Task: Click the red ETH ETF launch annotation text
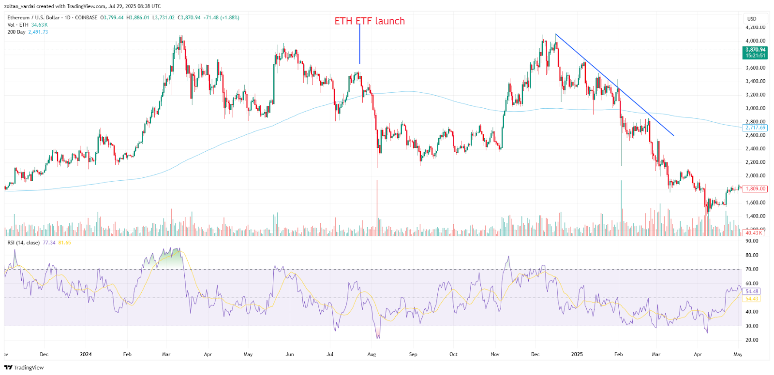(x=370, y=21)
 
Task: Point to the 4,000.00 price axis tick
(x=755, y=41)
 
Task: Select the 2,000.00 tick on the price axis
(x=755, y=176)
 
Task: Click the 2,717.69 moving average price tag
(x=755, y=128)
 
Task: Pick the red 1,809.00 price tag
(x=755, y=189)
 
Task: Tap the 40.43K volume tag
(x=754, y=233)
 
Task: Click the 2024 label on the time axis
(x=86, y=354)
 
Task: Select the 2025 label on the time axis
(x=577, y=354)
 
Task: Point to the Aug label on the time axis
(x=372, y=354)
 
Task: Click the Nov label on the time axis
(x=495, y=354)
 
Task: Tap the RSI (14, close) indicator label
(x=24, y=243)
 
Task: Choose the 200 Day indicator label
(x=16, y=32)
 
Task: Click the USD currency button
(x=752, y=19)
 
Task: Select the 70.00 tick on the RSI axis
(x=752, y=269)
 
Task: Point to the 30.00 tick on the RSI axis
(x=752, y=326)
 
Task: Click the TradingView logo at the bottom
(x=24, y=368)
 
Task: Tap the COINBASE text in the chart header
(x=86, y=18)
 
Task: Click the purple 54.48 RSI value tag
(x=752, y=291)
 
